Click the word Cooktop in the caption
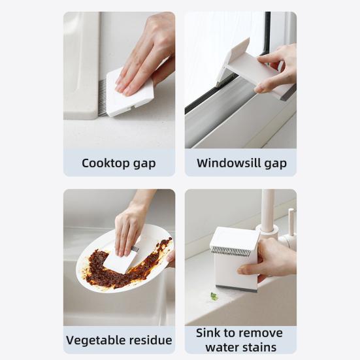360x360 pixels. (x=105, y=163)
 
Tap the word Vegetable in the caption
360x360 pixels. (x=95, y=340)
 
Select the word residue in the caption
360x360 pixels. (x=150, y=340)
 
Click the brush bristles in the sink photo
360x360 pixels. (x=230, y=251)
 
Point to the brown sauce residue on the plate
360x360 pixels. (x=98, y=268)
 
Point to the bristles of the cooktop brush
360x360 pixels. (x=103, y=98)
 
